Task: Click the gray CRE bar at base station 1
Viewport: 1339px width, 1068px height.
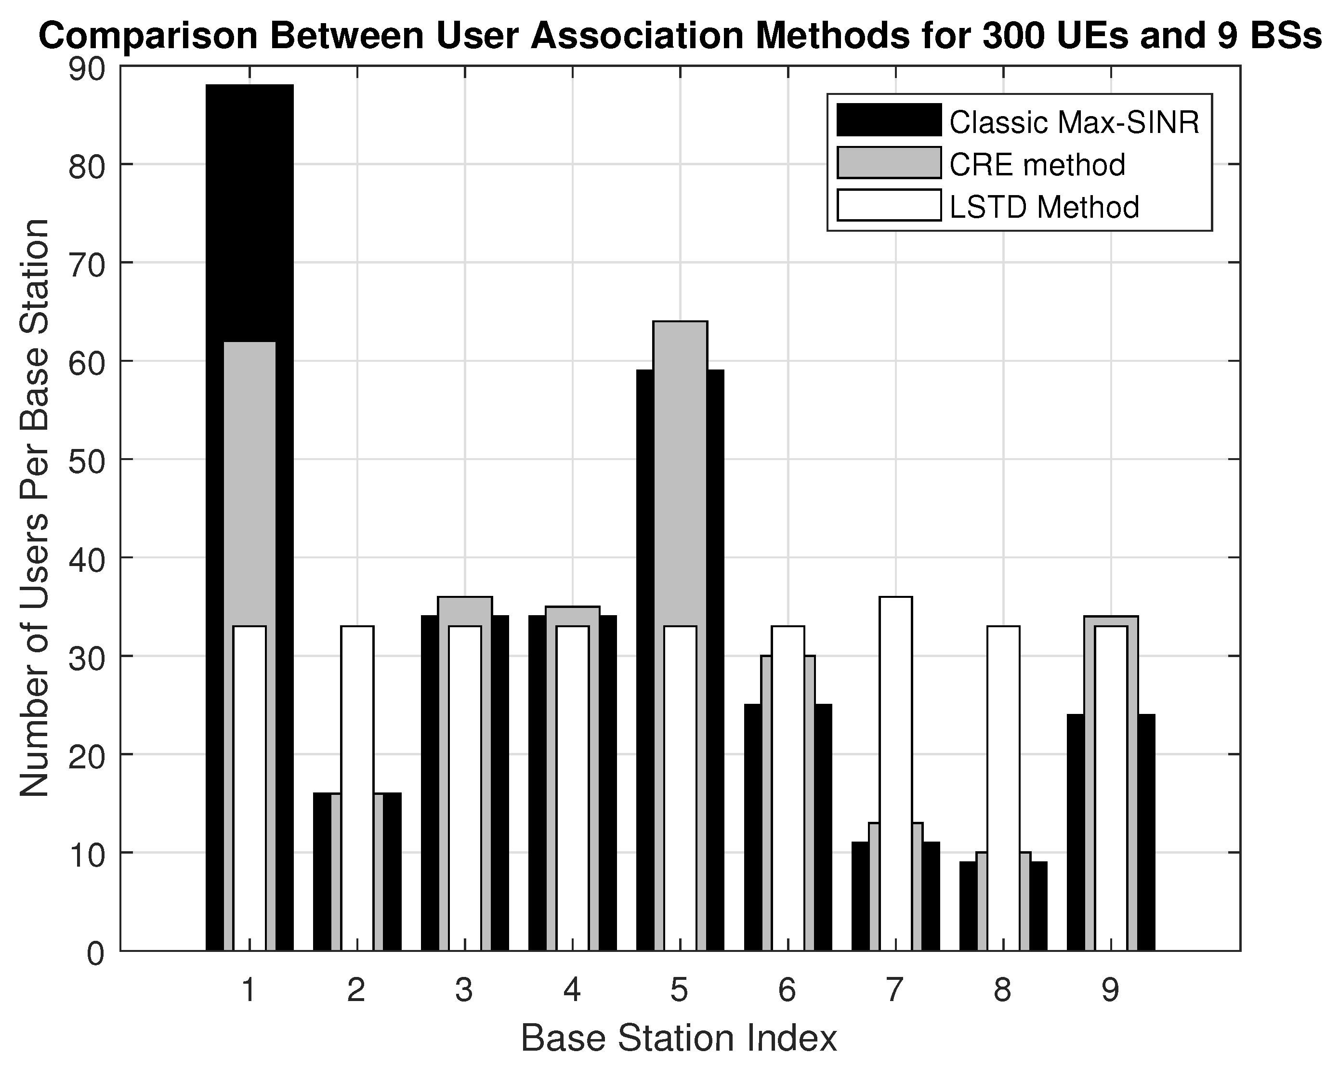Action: (x=249, y=485)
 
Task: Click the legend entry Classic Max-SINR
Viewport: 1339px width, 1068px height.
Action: (x=1075, y=122)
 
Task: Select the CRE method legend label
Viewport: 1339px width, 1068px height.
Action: (x=1037, y=165)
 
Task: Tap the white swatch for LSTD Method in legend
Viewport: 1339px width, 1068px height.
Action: (x=889, y=206)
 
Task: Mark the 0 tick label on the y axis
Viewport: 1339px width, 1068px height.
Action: (x=95, y=954)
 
